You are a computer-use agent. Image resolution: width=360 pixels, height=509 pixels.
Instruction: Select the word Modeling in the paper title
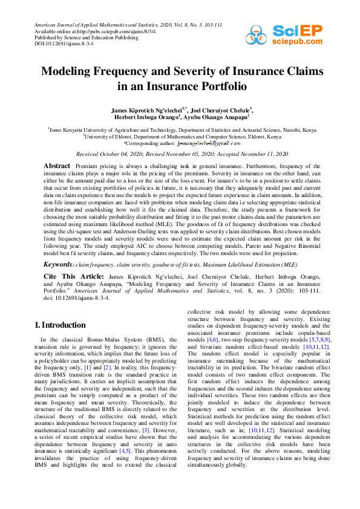[68, 71]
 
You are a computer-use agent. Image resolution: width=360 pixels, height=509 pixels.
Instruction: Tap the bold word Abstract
[58, 166]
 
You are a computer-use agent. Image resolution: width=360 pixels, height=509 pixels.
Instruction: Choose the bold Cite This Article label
[66, 276]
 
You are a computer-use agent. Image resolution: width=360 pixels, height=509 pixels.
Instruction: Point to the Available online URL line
[91, 31]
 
